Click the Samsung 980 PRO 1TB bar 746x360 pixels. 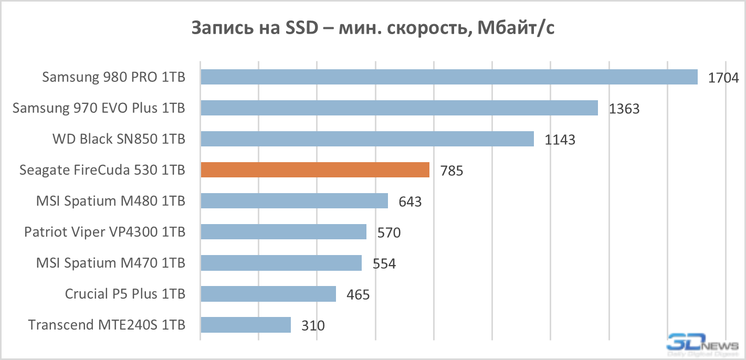tap(449, 77)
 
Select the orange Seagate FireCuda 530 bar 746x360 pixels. tap(315, 170)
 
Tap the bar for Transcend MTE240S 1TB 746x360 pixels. tap(246, 325)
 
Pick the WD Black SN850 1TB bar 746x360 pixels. tap(367, 139)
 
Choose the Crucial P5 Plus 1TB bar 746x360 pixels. tap(268, 294)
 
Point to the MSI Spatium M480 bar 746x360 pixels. tap(294, 201)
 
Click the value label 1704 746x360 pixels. tap(723, 78)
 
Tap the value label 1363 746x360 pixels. tap(624, 109)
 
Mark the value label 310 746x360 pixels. tap(313, 326)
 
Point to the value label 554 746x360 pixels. tap(384, 264)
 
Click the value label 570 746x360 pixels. tap(389, 233)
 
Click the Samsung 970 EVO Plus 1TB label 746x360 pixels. tap(99, 108)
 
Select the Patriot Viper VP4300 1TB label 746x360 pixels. tap(104, 232)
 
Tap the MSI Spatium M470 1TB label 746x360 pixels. tap(110, 263)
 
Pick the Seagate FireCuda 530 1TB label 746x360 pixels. tap(102, 170)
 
